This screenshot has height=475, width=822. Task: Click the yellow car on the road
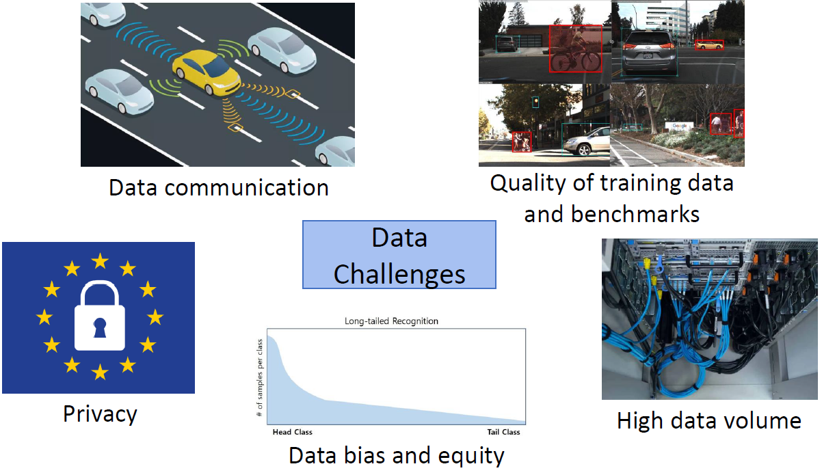(x=207, y=72)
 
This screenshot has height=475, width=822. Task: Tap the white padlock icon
(x=99, y=316)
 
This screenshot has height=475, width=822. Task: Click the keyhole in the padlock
(x=100, y=327)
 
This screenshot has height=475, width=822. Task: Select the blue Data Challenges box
(x=399, y=254)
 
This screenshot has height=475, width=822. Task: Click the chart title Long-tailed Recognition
(x=391, y=321)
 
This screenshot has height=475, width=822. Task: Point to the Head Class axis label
(x=293, y=432)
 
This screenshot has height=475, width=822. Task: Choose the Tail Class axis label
(x=503, y=432)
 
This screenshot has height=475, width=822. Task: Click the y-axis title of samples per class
(x=260, y=378)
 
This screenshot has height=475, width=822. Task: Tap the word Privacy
(x=100, y=414)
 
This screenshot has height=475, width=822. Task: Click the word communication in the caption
(x=247, y=188)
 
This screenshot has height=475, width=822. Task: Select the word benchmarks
(x=635, y=214)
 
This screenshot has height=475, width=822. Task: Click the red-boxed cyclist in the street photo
(x=576, y=49)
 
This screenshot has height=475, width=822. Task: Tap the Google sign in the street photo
(x=680, y=126)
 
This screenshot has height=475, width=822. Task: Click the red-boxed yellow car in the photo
(x=709, y=45)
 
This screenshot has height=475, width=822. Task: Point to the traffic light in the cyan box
(x=535, y=102)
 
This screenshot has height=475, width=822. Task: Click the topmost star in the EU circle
(x=100, y=261)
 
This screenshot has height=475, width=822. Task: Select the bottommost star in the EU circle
(x=100, y=372)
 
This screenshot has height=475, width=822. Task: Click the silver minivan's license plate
(x=648, y=56)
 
